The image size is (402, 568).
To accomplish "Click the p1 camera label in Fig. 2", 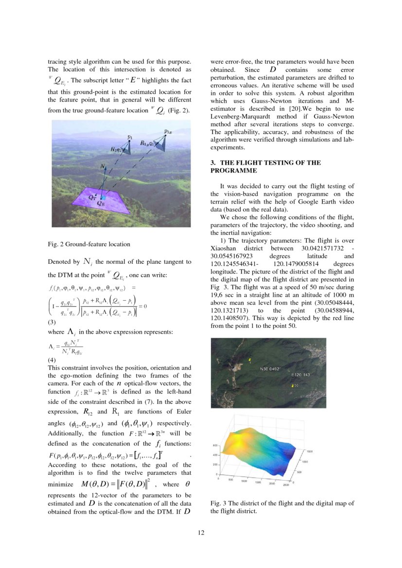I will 130,138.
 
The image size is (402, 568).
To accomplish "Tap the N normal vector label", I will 103,167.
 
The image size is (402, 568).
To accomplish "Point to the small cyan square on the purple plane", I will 102,198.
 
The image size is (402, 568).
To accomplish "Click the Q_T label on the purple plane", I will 91,198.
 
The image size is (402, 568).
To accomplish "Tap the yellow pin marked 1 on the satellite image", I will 249,360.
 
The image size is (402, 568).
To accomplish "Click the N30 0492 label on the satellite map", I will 270,369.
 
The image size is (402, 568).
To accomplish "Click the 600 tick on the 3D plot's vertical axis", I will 215,446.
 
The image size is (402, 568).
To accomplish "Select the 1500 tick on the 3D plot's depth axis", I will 308,451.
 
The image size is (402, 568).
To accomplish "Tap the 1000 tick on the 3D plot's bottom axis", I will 245,482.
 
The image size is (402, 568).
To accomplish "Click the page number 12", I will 201,533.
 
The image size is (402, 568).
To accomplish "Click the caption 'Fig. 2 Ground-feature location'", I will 88,244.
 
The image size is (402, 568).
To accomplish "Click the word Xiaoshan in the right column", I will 224,248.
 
